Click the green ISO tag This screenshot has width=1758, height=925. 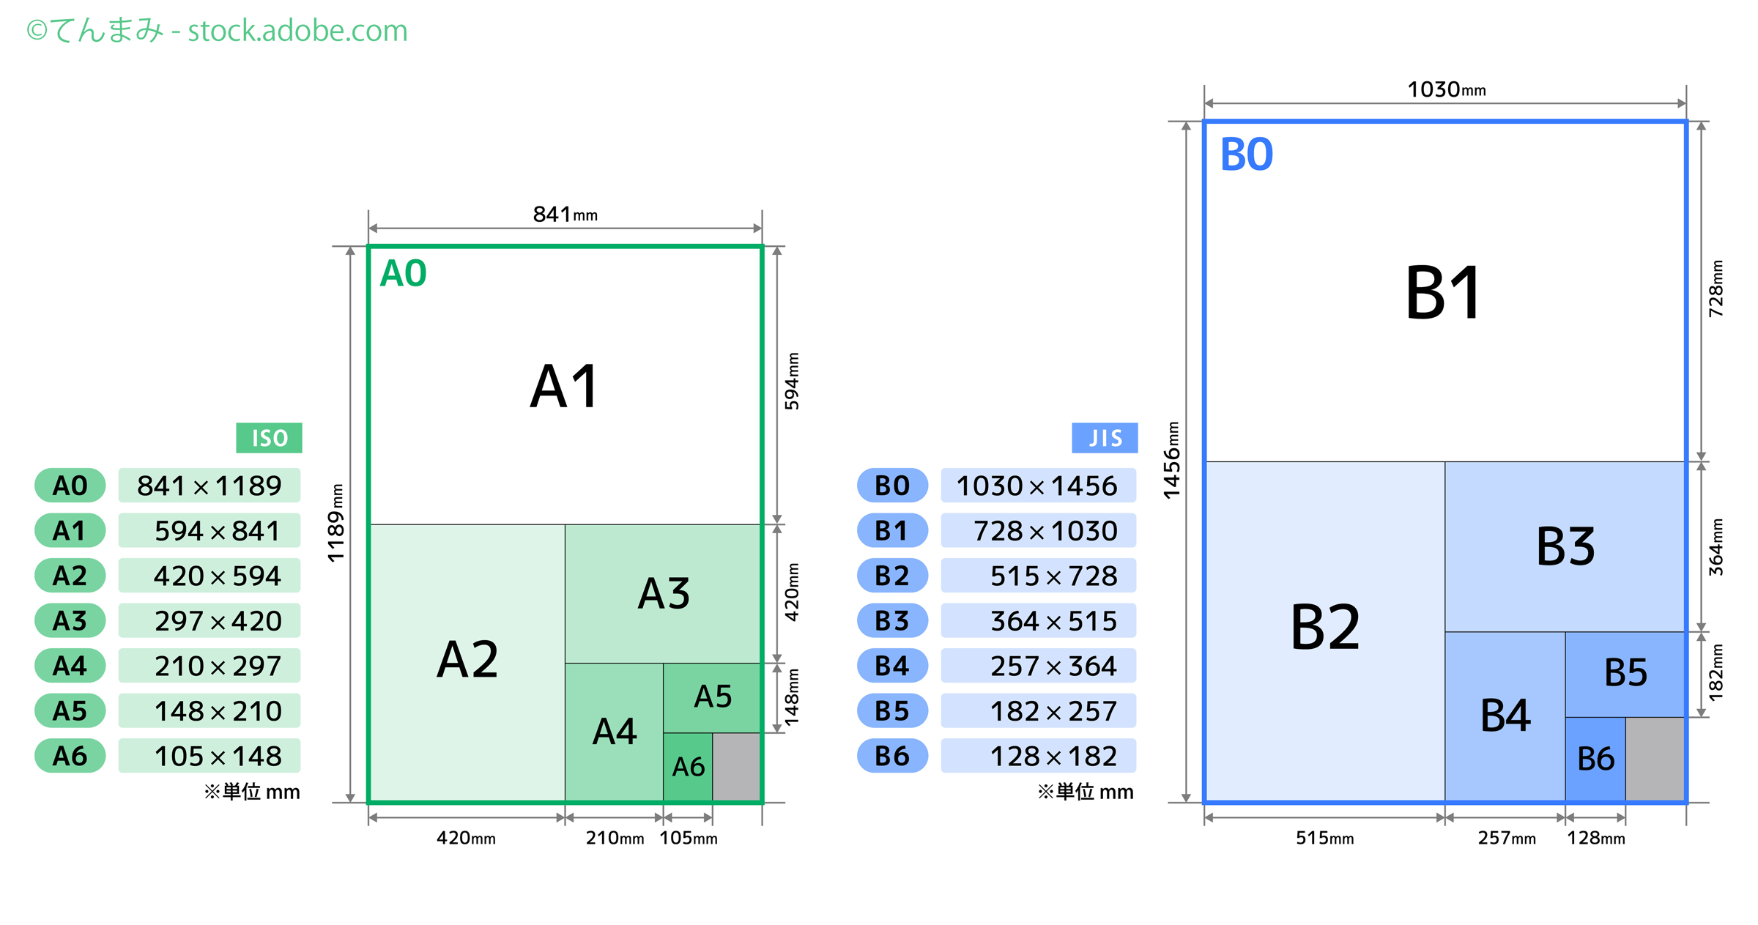pos(269,438)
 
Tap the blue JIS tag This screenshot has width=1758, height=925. pos(1104,438)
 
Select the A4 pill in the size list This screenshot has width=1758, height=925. pos(70,666)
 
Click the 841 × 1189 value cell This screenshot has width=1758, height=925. pos(209,486)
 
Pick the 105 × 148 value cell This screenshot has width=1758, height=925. pos(209,756)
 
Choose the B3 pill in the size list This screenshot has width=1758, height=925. pos(892,621)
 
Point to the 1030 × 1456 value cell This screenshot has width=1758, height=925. pos(1038,486)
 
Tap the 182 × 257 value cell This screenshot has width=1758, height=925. pos(1038,711)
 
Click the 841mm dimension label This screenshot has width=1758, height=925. pos(565,215)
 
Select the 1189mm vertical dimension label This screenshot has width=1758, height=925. pos(335,523)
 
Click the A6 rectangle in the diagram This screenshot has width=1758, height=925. pos(688,767)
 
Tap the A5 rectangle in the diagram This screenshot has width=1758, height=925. pos(712,696)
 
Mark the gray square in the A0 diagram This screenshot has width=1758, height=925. pos(736,767)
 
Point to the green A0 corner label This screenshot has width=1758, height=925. pos(403,274)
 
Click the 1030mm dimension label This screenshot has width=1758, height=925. pos(1446,90)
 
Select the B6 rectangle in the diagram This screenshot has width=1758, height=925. pos(1595,759)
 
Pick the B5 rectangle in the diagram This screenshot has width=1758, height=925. pos(1625,673)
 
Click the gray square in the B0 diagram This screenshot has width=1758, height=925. pos(1655,759)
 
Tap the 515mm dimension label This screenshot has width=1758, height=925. pos(1324,838)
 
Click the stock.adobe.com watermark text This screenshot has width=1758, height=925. pos(297,31)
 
